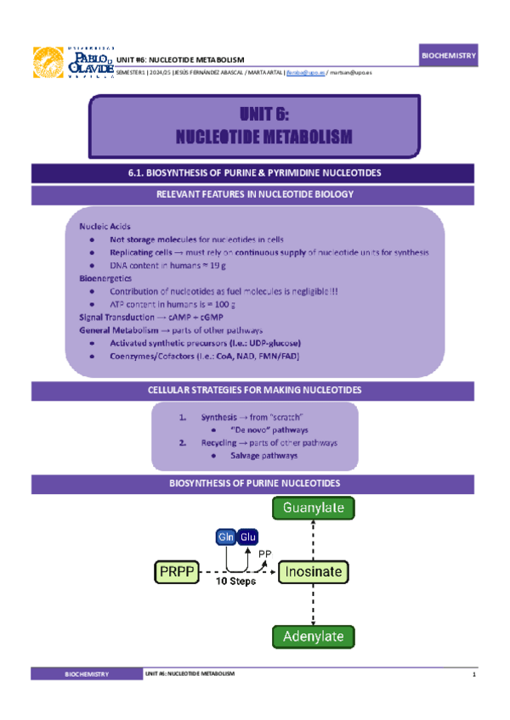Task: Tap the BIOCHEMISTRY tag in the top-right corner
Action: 450,56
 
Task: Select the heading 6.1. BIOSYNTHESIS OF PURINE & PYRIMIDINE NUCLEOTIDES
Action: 252,173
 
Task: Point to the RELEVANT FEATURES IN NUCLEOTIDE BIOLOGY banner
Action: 252,194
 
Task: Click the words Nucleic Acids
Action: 102,227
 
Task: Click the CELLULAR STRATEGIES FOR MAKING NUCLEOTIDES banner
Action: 252,391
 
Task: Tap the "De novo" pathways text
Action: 257,430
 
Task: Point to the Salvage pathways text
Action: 263,456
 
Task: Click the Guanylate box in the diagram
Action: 313,509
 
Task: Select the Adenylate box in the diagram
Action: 313,637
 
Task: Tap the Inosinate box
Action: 313,572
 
